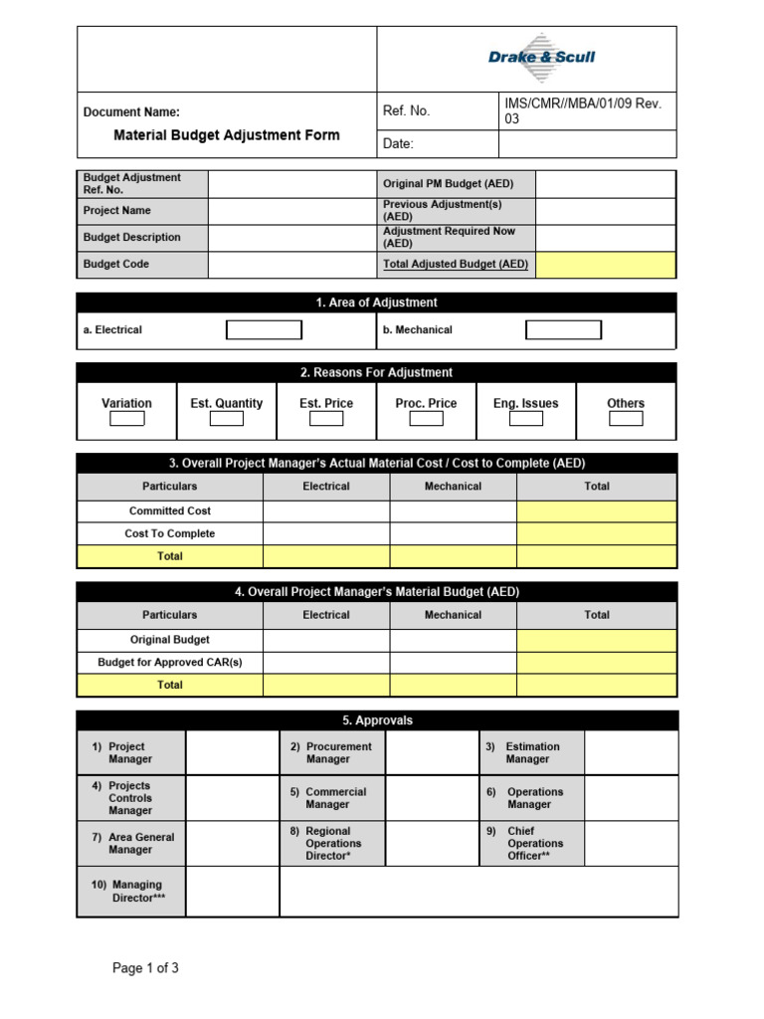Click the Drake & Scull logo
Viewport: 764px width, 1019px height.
pyautogui.click(x=541, y=57)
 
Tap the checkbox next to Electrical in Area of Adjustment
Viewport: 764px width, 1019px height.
pyautogui.click(x=264, y=330)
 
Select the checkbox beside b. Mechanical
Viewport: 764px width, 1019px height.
pyautogui.click(x=563, y=330)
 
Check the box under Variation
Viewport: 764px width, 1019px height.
pyautogui.click(x=126, y=419)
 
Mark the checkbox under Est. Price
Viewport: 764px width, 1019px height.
pyautogui.click(x=326, y=419)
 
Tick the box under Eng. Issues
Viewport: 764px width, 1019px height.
pyautogui.click(x=525, y=419)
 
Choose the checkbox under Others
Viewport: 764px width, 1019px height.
pyautogui.click(x=626, y=419)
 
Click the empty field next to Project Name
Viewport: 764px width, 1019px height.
pyautogui.click(x=291, y=211)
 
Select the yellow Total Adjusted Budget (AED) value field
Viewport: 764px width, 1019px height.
pyautogui.click(x=606, y=265)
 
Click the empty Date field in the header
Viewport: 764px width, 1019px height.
pyautogui.click(x=587, y=144)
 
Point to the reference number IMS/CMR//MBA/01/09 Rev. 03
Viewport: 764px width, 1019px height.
pyautogui.click(x=583, y=110)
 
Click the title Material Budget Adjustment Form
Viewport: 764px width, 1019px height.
pyautogui.click(x=226, y=135)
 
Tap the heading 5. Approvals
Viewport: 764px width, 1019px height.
pyautogui.click(x=377, y=720)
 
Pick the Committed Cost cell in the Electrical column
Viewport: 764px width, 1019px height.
pyautogui.click(x=326, y=511)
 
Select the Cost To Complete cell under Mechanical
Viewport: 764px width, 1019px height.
pyautogui.click(x=453, y=534)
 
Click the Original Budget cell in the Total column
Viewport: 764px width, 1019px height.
pyautogui.click(x=597, y=640)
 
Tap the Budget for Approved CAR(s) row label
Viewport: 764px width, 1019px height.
pyautogui.click(x=170, y=663)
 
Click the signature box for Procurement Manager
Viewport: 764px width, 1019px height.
pyautogui.click(x=432, y=753)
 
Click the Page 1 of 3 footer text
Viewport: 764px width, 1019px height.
pyautogui.click(x=145, y=968)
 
